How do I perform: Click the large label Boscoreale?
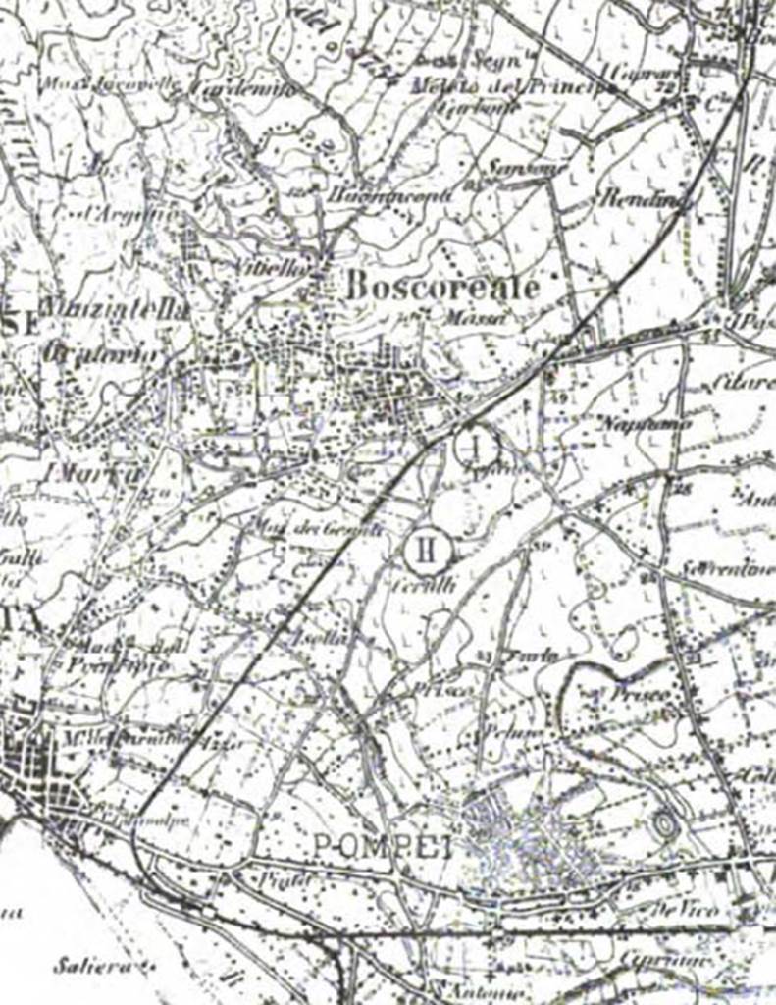[442, 287]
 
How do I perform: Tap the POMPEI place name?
[384, 846]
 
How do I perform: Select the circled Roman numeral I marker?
[477, 447]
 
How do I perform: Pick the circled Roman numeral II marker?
[427, 550]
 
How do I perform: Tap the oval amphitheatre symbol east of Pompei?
[665, 824]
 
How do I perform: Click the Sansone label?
[515, 169]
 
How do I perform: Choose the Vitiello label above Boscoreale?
[276, 266]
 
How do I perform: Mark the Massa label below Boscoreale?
[479, 317]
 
